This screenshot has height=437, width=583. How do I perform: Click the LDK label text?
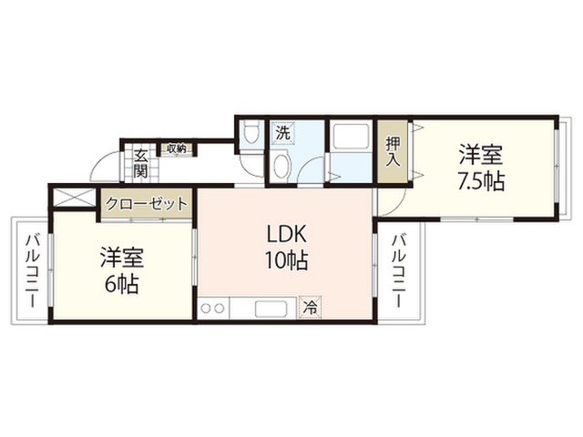pyautogui.click(x=286, y=235)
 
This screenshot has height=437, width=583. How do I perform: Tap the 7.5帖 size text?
pyautogui.click(x=481, y=182)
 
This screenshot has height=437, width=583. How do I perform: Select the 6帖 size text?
pyautogui.click(x=122, y=285)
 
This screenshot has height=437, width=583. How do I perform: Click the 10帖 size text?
pyautogui.click(x=286, y=260)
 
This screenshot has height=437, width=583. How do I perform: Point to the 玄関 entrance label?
pyautogui.click(x=141, y=164)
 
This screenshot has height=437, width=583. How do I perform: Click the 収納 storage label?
pyautogui.click(x=176, y=148)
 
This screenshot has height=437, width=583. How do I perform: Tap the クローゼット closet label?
pyautogui.click(x=146, y=204)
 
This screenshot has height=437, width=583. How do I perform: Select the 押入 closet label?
pyautogui.click(x=393, y=152)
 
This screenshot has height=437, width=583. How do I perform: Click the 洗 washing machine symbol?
pyautogui.click(x=283, y=133)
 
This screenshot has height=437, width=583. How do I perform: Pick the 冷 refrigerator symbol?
pyautogui.click(x=311, y=308)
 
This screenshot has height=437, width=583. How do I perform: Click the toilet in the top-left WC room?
pyautogui.click(x=251, y=134)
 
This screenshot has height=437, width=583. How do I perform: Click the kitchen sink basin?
pyautogui.click(x=271, y=309)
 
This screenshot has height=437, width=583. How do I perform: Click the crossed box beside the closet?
pyautogui.click(x=75, y=198)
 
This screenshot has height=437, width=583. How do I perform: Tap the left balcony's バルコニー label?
pyautogui.click(x=32, y=270)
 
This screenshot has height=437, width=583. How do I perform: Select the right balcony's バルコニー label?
pyautogui.click(x=399, y=270)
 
